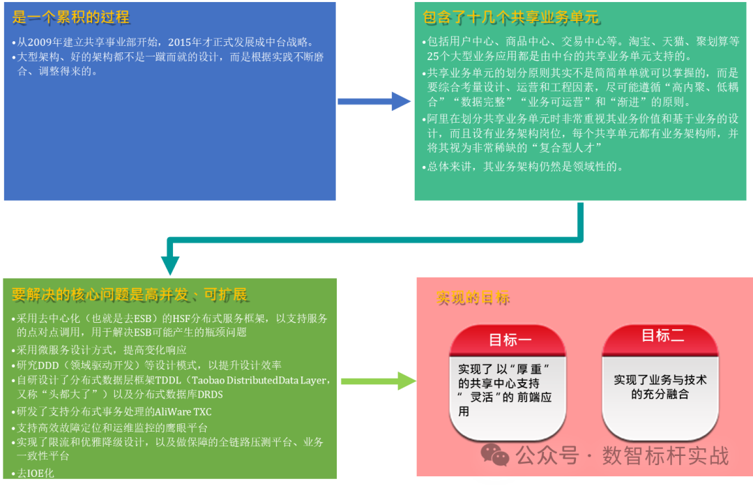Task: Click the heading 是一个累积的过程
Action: [71, 17]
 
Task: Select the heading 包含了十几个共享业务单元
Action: [512, 17]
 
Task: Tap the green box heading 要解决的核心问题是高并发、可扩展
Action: [130, 294]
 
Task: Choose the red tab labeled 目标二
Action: [662, 336]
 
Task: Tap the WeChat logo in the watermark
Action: [495, 455]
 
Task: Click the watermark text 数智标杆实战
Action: [665, 456]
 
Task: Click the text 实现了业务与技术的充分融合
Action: [660, 387]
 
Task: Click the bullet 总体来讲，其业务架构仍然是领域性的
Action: [525, 167]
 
